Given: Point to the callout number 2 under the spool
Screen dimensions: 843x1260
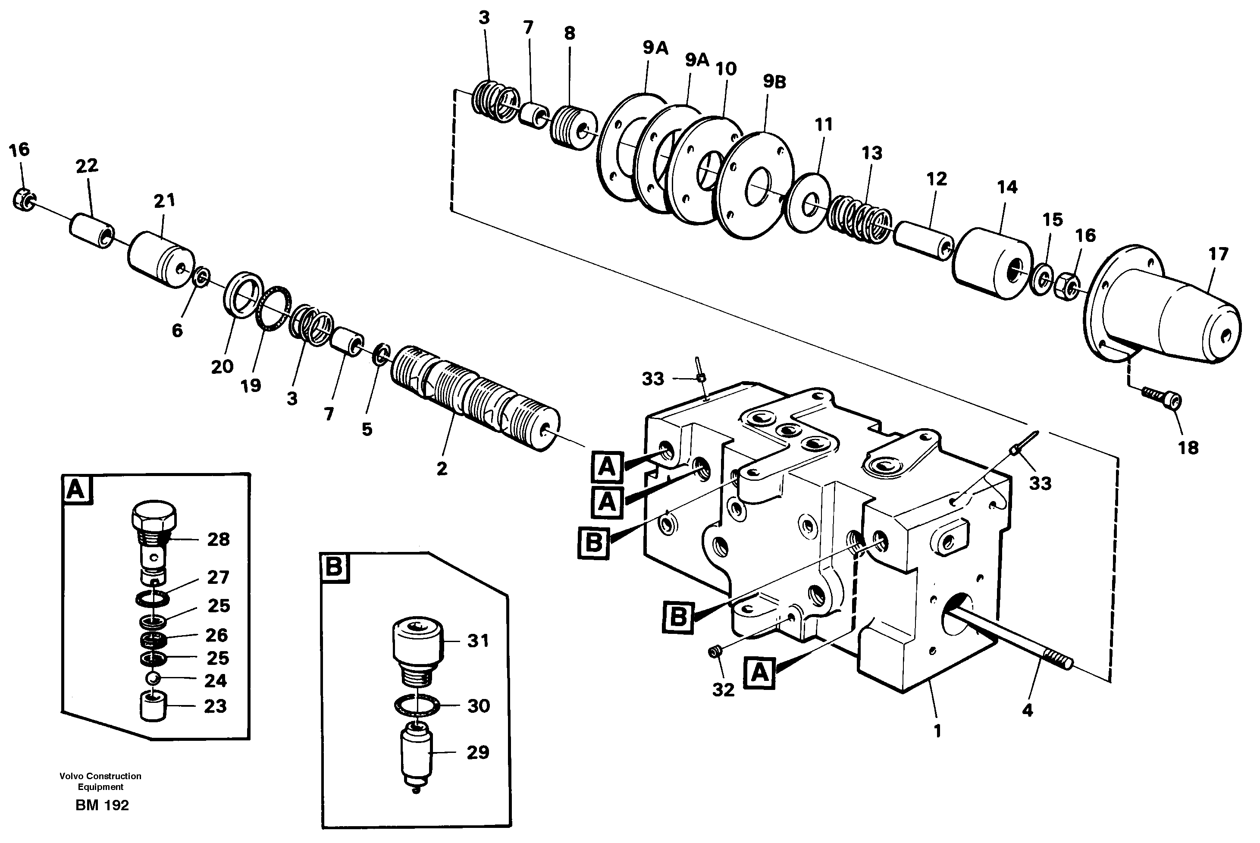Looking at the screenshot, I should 442,468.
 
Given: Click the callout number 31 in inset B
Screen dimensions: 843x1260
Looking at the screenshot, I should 477,640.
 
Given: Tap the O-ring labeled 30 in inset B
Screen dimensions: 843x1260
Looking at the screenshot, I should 416,705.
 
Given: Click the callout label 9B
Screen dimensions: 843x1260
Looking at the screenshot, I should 774,82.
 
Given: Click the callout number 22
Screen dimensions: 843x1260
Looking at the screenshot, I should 87,166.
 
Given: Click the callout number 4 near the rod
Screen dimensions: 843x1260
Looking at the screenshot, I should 1027,710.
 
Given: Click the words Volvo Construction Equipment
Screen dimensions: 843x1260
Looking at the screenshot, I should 100,781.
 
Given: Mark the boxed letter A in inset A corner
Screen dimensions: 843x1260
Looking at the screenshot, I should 76,490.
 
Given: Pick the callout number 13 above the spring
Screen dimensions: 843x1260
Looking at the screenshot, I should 872,153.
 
